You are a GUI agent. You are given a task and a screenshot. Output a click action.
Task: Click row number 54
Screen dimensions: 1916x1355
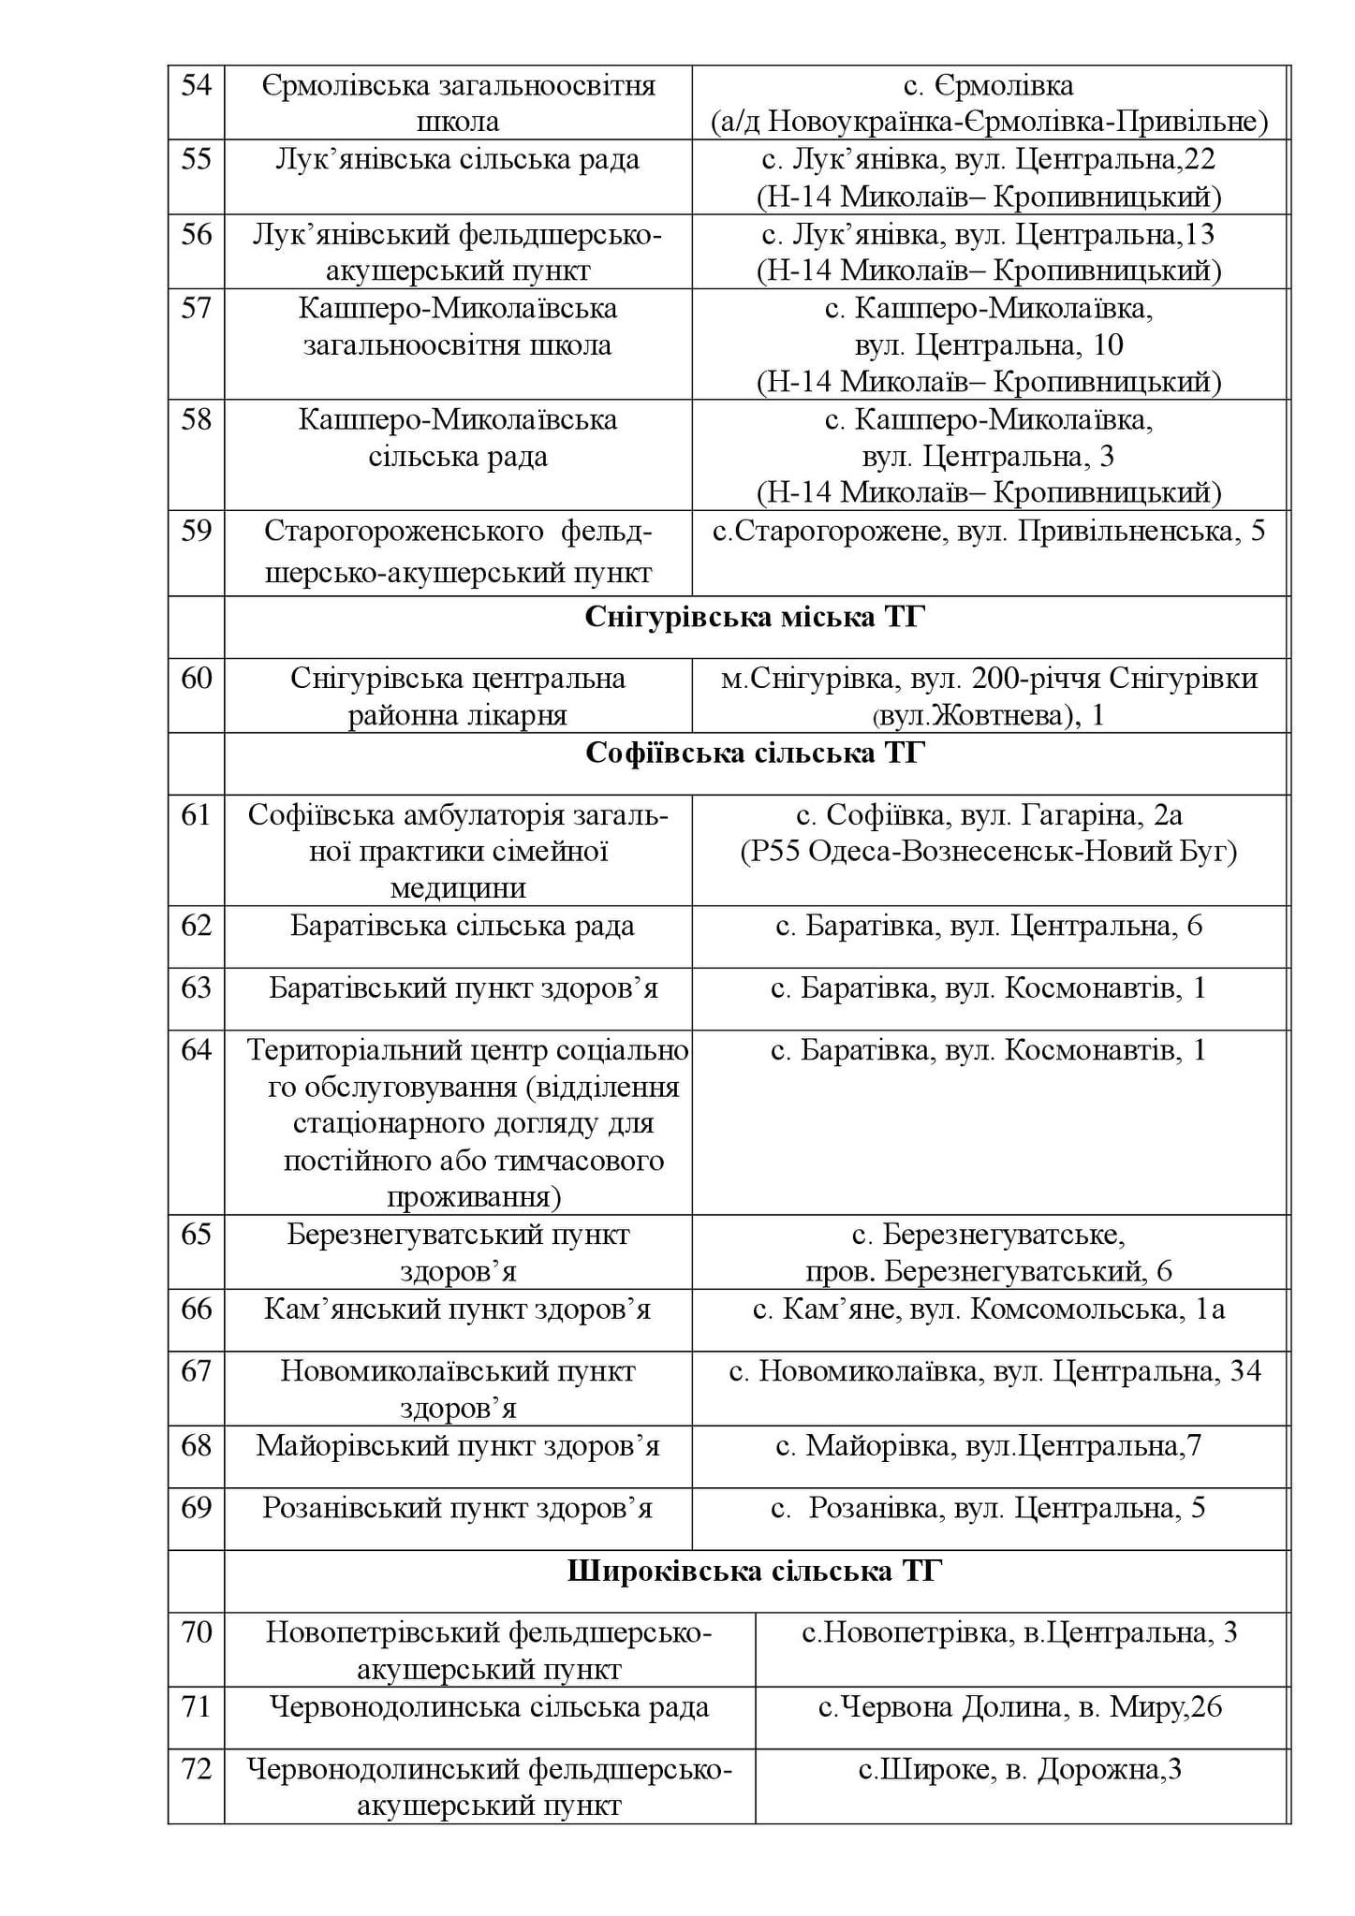196,86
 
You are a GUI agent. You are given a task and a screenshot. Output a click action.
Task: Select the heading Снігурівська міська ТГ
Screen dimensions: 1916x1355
755,618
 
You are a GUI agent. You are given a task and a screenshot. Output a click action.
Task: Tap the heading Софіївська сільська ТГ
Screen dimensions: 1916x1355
755,754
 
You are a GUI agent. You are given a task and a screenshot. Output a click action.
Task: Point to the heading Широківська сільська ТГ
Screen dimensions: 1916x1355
755,1572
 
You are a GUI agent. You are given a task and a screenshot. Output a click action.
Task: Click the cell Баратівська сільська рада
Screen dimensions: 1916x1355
462,927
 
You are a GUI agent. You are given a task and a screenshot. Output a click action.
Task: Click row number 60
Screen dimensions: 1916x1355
196,679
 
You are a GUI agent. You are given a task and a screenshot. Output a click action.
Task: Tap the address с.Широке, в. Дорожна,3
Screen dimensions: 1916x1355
1020,1770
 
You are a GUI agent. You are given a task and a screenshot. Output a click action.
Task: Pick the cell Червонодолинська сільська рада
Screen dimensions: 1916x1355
489,1708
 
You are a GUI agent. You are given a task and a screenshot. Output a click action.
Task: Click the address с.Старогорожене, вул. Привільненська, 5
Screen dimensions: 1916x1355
989,532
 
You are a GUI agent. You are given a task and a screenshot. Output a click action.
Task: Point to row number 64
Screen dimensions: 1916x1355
196,1051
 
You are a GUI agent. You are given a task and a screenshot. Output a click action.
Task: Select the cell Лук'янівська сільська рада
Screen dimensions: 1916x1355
458,160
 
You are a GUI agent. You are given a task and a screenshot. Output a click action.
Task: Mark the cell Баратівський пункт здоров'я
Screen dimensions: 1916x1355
464,988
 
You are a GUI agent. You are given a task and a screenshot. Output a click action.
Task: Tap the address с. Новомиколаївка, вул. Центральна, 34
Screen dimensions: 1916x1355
994,1372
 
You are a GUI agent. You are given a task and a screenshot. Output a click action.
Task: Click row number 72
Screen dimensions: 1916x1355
196,1770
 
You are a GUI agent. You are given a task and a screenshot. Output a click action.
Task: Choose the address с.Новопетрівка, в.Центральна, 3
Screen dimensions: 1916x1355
1020,1633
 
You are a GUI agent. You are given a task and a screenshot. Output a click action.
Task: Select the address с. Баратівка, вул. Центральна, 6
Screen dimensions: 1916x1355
989,927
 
